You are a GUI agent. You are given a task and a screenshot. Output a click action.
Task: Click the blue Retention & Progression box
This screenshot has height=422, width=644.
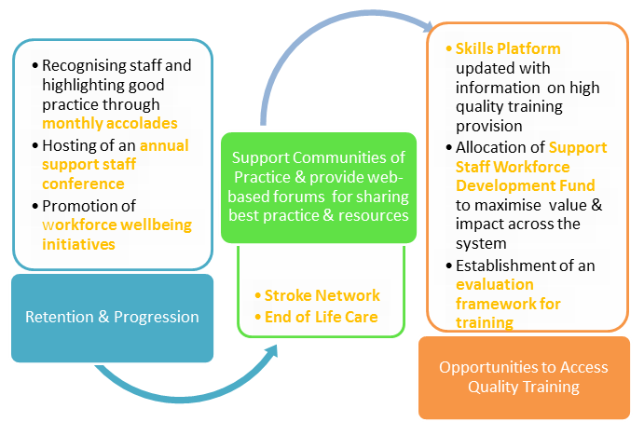[112, 319]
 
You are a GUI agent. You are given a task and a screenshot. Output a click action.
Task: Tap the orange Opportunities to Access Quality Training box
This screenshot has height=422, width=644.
[524, 377]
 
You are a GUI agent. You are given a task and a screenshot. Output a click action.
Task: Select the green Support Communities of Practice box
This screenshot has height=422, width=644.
[319, 187]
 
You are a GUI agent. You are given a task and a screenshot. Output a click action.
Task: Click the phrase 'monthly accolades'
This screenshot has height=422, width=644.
[110, 124]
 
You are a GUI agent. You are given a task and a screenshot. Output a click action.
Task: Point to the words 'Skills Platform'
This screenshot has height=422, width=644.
[508, 48]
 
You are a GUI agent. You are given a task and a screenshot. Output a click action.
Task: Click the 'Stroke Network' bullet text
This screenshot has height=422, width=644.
[322, 295]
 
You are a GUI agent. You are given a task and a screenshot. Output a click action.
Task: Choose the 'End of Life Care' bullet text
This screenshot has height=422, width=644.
[322, 317]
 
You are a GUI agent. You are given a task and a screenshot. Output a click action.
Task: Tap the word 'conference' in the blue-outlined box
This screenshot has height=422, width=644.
[83, 184]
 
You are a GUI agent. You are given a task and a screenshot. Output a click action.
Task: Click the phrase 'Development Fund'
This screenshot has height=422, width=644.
[526, 185]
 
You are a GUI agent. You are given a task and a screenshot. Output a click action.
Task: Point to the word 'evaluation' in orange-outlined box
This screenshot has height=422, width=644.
[495, 284]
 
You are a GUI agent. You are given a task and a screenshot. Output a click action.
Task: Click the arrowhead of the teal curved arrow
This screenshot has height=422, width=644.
[271, 351]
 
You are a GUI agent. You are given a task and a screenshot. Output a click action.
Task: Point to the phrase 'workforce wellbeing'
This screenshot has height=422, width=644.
[116, 225]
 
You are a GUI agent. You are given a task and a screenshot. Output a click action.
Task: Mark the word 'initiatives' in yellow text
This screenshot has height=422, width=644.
[78, 245]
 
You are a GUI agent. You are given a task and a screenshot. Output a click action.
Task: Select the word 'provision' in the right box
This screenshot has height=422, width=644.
[488, 127]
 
